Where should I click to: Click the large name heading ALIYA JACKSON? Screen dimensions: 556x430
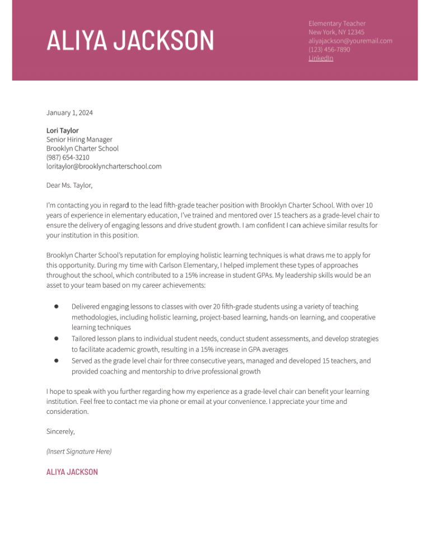click(x=130, y=41)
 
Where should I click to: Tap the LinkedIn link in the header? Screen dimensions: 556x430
click(x=321, y=58)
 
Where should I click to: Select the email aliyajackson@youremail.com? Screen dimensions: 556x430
click(x=350, y=41)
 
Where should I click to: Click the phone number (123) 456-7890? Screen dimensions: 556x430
click(x=329, y=49)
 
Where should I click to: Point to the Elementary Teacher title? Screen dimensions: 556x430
click(x=337, y=23)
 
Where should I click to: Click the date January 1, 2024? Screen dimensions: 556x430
click(x=69, y=113)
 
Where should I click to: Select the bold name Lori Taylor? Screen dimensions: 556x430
click(x=62, y=130)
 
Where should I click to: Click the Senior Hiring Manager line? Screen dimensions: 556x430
click(x=79, y=139)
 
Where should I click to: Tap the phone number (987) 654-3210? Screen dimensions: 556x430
click(x=68, y=157)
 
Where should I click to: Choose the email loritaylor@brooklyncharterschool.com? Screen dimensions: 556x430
click(x=104, y=166)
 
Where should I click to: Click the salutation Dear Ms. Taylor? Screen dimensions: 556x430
click(x=69, y=185)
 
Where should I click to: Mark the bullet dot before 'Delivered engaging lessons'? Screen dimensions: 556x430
click(x=57, y=307)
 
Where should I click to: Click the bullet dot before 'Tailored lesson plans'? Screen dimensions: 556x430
click(x=57, y=338)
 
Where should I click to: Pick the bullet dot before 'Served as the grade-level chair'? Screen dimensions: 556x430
click(x=57, y=361)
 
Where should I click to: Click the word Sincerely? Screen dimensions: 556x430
click(x=60, y=432)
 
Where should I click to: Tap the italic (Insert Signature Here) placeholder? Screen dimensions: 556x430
click(x=79, y=451)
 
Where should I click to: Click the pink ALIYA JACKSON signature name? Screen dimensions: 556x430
click(x=72, y=472)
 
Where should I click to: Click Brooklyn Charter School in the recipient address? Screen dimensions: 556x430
click(x=82, y=148)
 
